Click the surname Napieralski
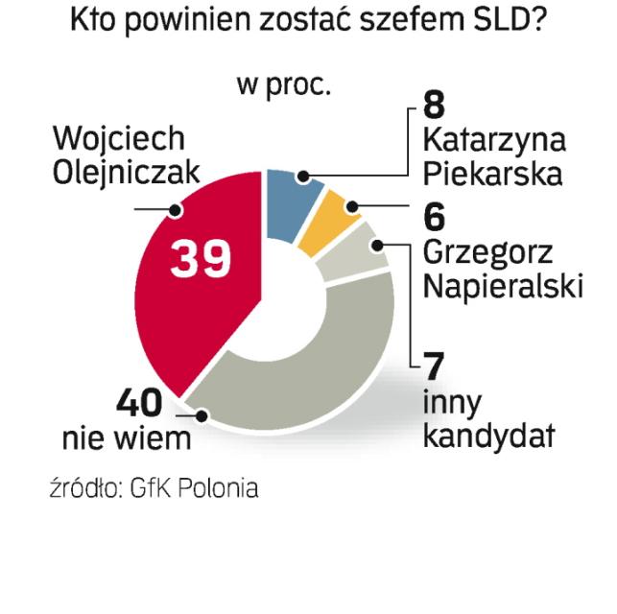pyautogui.click(x=503, y=287)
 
